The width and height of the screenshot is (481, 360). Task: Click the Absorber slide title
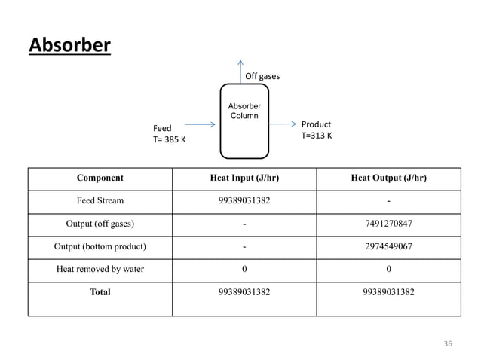tap(69, 47)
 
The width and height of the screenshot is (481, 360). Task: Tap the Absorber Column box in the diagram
tap(244, 121)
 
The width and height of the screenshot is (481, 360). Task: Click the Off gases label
tap(262, 76)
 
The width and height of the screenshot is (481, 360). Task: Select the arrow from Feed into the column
tap(200, 125)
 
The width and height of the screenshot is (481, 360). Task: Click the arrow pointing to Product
tap(282, 124)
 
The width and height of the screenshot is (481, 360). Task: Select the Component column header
tap(100, 178)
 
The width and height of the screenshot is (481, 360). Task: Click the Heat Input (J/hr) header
tap(244, 178)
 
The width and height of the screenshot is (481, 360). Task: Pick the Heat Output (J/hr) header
tap(388, 178)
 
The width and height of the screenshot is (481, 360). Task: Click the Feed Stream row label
tap(100, 201)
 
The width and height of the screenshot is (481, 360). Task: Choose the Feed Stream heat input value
tap(244, 201)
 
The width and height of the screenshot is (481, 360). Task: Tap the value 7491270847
tap(388, 224)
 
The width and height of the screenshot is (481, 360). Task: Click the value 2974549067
tap(388, 246)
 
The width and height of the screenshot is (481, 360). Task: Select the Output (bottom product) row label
tap(100, 246)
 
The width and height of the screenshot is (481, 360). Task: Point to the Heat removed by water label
tap(100, 269)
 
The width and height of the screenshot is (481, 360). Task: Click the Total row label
tap(100, 292)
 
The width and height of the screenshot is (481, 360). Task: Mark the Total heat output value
tap(388, 292)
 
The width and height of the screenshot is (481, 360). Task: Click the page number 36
tap(448, 343)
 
